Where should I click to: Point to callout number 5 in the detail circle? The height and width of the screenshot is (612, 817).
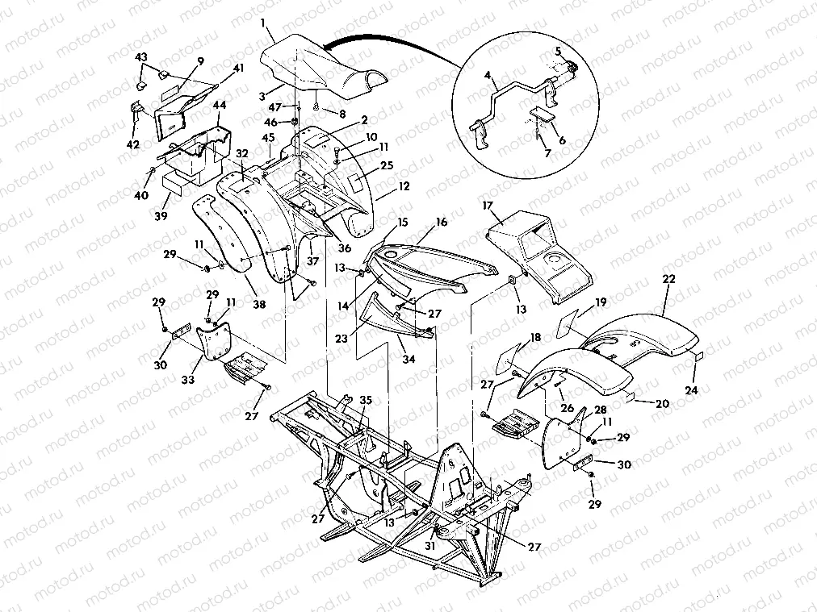click(x=556, y=51)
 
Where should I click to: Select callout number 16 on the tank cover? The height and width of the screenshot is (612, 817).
click(x=442, y=221)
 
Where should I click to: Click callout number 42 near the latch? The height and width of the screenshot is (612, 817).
click(x=133, y=144)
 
